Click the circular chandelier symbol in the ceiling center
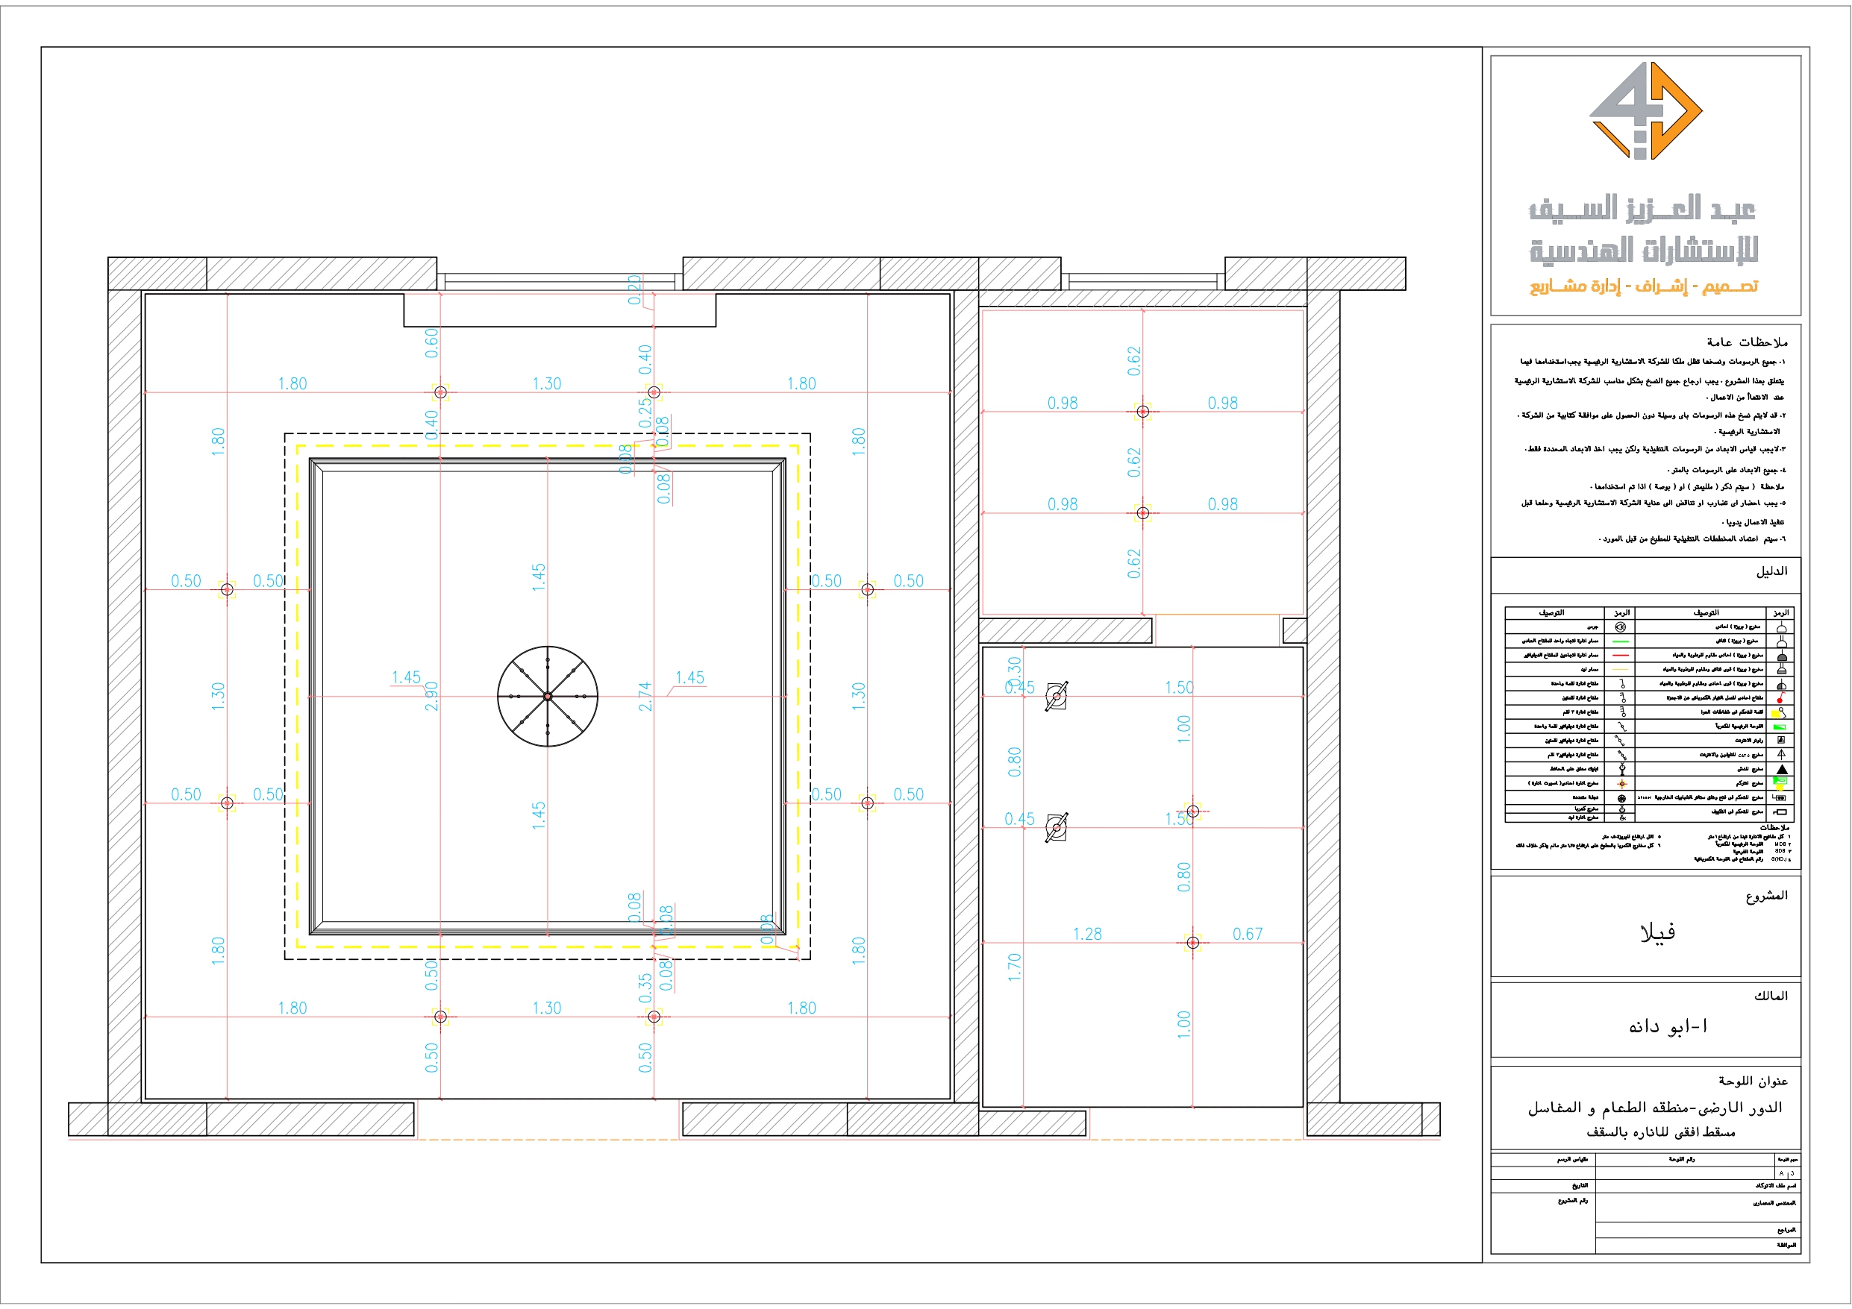(547, 696)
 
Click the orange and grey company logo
(1645, 111)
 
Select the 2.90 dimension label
(431, 696)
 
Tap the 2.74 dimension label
(645, 696)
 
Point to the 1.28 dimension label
(1086, 934)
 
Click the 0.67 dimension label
(1247, 934)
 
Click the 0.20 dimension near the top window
(635, 289)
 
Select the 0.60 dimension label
(431, 343)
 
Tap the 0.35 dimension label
(645, 988)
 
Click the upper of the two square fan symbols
(1057, 696)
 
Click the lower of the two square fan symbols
(1057, 827)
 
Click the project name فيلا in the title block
(1657, 933)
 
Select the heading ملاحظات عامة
(1746, 342)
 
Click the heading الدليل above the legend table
(1771, 571)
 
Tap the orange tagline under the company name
(1643, 286)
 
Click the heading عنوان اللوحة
(1752, 1081)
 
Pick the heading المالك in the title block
(1771, 996)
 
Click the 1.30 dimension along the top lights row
(546, 384)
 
